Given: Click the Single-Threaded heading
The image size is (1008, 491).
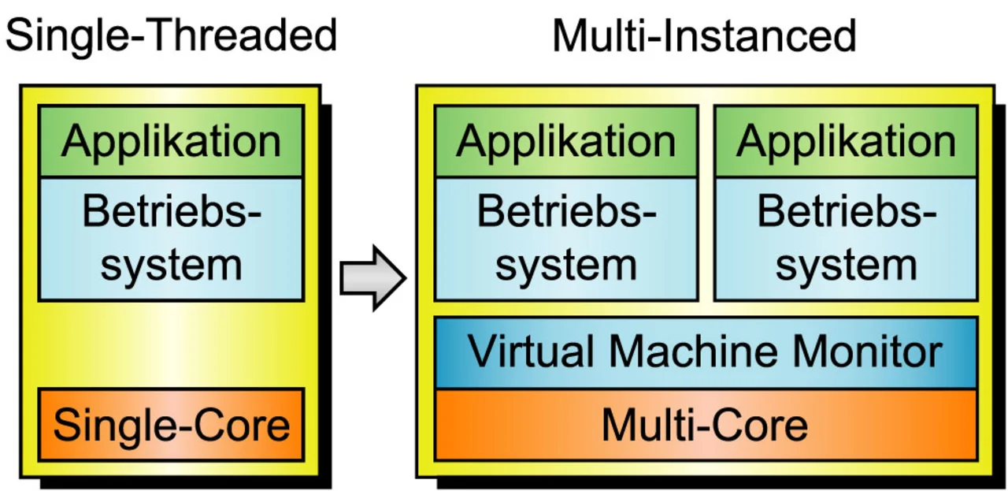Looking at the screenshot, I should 171,35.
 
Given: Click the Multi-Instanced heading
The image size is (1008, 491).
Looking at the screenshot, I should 704,35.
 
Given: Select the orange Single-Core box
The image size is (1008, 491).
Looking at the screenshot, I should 171,425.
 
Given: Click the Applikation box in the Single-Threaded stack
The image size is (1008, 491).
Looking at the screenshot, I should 171,141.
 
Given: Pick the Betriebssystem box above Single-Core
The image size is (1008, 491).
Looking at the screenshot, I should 171,239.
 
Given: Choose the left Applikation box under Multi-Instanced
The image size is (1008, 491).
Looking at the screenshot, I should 565,141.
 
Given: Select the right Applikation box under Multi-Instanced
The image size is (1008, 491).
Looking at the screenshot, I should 846,141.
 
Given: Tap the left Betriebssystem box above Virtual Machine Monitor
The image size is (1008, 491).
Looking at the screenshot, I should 565,239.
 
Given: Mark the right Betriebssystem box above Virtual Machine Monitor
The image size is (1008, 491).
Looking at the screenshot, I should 846,239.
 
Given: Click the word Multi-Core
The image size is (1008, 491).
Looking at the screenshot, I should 704,425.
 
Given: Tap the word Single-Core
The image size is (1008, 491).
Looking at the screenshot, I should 171,425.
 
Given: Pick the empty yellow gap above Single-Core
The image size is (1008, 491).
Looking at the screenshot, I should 171,344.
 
